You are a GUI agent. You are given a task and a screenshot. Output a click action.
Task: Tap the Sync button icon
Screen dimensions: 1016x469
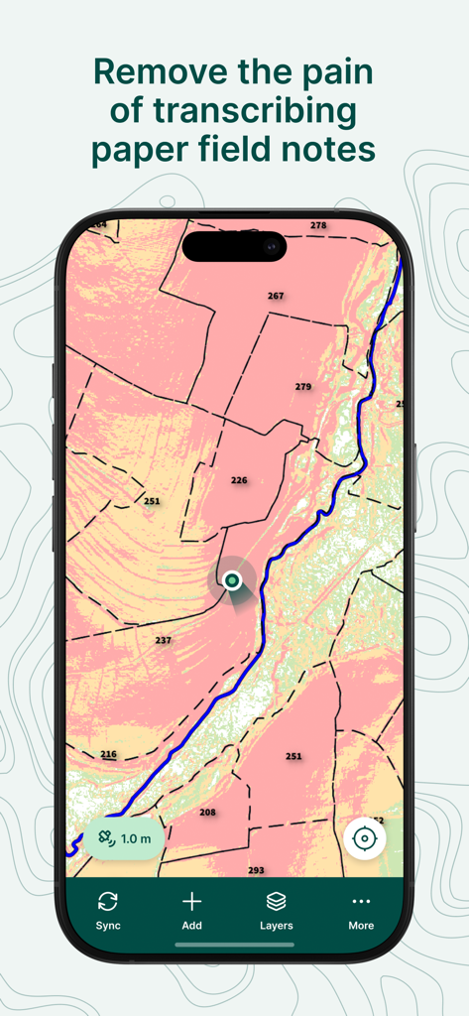[x=108, y=901]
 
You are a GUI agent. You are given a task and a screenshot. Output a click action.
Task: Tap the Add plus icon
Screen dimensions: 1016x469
[x=192, y=901]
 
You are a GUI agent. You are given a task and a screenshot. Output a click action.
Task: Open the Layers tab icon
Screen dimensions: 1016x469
[x=277, y=901]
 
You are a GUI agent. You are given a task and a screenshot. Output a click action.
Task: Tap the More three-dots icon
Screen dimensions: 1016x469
[x=361, y=901]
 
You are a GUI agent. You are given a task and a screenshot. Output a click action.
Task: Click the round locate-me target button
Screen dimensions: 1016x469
[x=365, y=839]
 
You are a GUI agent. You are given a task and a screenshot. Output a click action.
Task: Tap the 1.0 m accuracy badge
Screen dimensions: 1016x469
[x=125, y=838]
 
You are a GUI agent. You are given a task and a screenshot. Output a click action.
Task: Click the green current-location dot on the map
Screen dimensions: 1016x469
[x=232, y=579]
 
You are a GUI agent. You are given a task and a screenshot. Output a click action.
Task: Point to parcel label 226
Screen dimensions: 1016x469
[x=239, y=480]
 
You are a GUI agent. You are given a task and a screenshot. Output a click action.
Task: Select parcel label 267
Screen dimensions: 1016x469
[x=276, y=296]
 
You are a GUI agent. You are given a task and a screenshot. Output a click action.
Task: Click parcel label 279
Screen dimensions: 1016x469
[x=303, y=386]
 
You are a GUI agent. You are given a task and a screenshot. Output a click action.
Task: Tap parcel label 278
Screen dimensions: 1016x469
[x=317, y=225]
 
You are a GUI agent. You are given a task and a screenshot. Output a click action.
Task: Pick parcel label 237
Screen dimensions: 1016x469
[x=163, y=640]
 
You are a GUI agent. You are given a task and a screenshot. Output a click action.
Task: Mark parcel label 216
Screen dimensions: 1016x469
[x=108, y=754]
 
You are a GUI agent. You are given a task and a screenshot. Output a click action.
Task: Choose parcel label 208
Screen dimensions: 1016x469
[x=207, y=812]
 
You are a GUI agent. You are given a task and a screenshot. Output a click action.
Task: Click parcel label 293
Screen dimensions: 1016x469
[x=256, y=870]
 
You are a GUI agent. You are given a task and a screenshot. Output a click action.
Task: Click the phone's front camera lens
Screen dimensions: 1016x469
[x=271, y=245]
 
